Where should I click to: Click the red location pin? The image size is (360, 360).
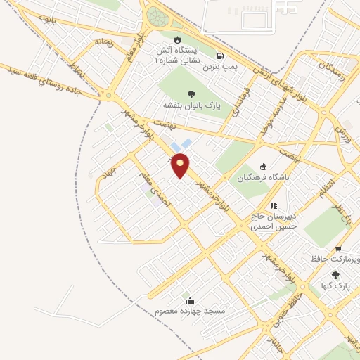pyautogui.click(x=181, y=164)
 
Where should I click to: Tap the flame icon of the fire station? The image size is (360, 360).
pyautogui.click(x=177, y=39)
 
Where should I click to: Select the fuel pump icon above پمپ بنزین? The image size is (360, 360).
pyautogui.click(x=222, y=57)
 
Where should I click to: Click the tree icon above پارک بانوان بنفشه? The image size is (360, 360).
pyautogui.click(x=191, y=94)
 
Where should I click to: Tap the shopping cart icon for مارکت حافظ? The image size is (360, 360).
pyautogui.click(x=338, y=248)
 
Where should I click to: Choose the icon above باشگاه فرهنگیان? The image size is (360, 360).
pyautogui.click(x=263, y=167)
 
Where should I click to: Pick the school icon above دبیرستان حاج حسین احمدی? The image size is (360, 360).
pyautogui.click(x=274, y=205)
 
